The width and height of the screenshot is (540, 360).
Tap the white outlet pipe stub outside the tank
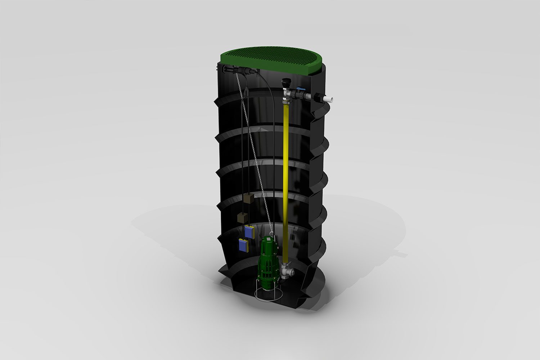[x=329, y=98]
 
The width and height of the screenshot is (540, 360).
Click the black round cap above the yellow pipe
[x=286, y=83]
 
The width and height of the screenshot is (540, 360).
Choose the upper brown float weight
[x=248, y=199]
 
